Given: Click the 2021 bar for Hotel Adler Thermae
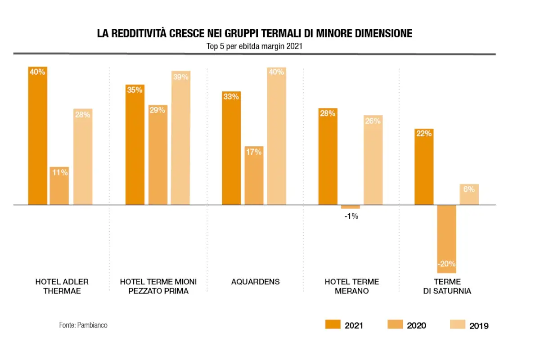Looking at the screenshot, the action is point(38,136).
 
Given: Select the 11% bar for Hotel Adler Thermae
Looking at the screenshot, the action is point(59,186).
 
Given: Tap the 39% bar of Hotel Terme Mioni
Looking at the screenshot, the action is point(181,138).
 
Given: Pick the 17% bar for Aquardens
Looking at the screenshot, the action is point(254,175).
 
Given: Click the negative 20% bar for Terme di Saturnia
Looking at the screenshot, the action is point(447,239).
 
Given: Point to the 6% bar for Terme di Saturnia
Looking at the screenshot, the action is point(469,194).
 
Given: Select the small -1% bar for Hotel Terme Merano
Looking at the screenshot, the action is point(350,207).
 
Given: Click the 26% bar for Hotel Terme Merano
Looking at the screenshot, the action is point(373,160).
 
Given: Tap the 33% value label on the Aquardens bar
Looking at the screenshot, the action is point(231,97).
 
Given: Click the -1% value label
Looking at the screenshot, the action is point(351,216).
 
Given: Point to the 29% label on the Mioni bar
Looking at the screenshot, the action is point(157,110).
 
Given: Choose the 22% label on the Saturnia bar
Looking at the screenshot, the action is point(424,133).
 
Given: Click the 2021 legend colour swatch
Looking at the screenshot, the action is point(333,324).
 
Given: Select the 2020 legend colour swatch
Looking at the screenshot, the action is point(395,324).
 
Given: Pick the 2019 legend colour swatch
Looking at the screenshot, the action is point(458,324).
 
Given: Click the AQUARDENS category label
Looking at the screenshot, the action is point(255,282).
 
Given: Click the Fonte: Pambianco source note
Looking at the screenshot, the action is point(83,325).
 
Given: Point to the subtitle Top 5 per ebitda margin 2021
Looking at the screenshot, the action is point(254,46).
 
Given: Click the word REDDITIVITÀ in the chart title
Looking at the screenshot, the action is point(139,33).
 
